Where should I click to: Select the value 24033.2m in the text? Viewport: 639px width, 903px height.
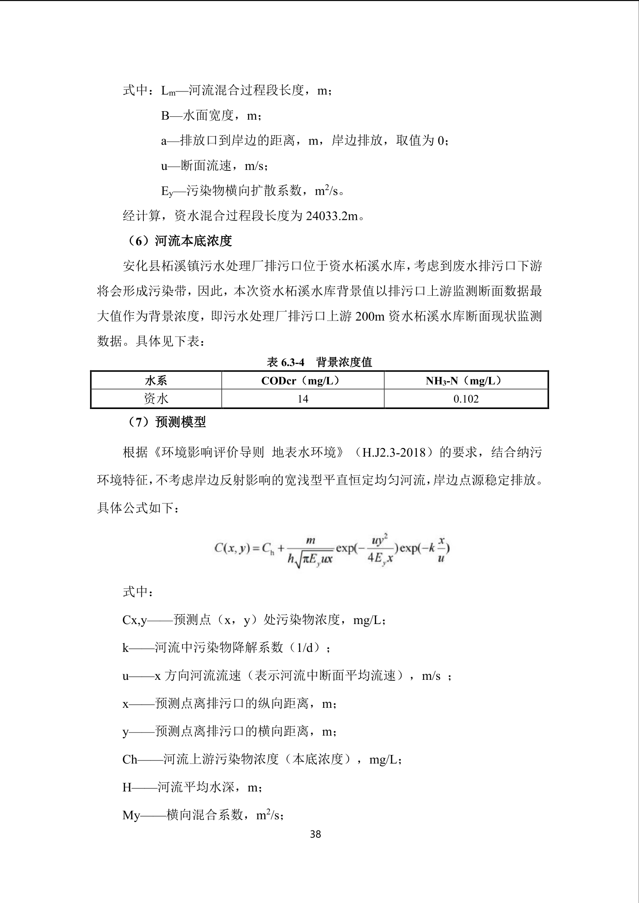coord(332,216)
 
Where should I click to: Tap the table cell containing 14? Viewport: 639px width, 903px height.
coord(303,399)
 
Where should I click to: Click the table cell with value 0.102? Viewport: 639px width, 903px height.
coord(466,399)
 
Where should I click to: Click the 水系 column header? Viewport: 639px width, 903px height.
coord(156,380)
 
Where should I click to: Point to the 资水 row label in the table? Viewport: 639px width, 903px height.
coord(156,399)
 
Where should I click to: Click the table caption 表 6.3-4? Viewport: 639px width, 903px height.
coord(286,362)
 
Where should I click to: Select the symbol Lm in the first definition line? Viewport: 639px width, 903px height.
coord(168,91)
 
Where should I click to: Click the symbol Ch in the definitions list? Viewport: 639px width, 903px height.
coord(130,759)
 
